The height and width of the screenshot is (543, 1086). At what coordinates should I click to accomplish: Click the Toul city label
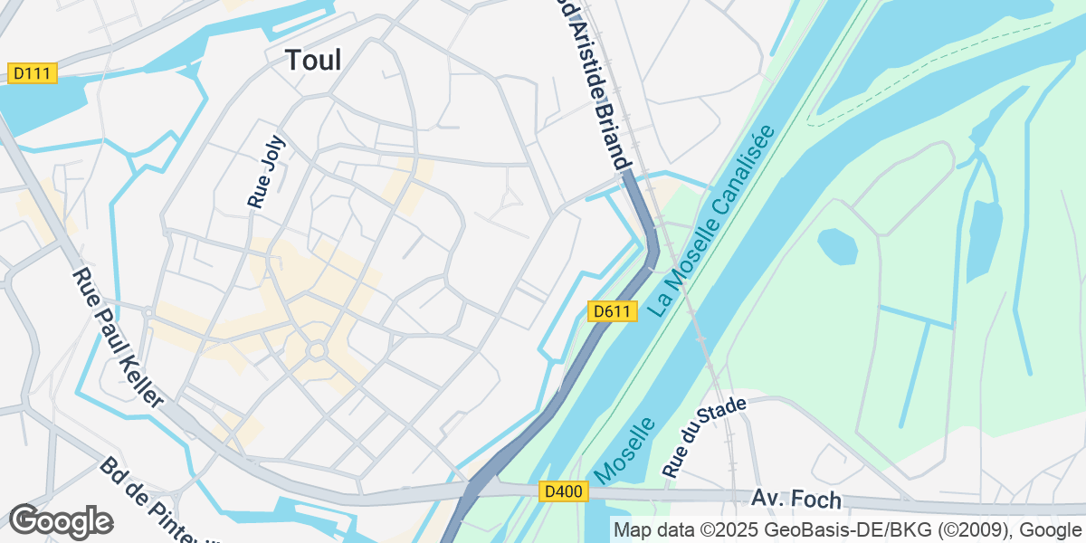pyautogui.click(x=313, y=61)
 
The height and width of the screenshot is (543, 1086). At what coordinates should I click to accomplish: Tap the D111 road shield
pyautogui.click(x=32, y=72)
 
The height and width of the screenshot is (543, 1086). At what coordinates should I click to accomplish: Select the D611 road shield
pyautogui.click(x=612, y=311)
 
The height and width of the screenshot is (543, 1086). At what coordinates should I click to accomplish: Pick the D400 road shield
pyautogui.click(x=565, y=491)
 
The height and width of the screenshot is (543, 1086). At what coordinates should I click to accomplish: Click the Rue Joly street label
pyautogui.click(x=266, y=173)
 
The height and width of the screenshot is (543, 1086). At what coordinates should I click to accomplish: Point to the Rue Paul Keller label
pyautogui.click(x=119, y=337)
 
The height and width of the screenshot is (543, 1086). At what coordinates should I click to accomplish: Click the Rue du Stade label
pyautogui.click(x=705, y=437)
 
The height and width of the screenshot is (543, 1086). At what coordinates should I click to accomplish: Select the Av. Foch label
pyautogui.click(x=796, y=499)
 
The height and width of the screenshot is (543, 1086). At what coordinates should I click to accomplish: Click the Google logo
pyautogui.click(x=61, y=521)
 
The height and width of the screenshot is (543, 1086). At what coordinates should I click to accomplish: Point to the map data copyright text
pyautogui.click(x=847, y=529)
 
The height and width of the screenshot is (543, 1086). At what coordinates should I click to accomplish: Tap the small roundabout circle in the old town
pyautogui.click(x=317, y=350)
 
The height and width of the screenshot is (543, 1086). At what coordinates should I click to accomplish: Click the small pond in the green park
pyautogui.click(x=837, y=245)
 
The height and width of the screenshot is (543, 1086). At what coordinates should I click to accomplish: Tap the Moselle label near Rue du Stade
pyautogui.click(x=625, y=449)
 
